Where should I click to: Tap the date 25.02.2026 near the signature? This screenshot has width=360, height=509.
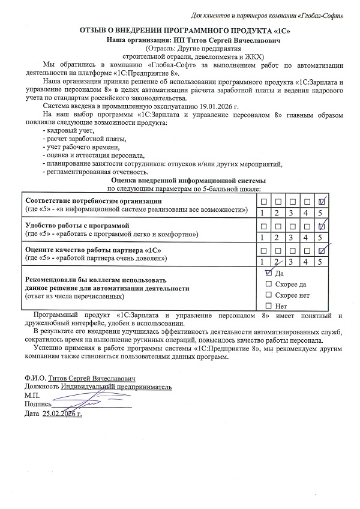[62, 414]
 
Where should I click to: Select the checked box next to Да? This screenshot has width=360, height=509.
[268, 272]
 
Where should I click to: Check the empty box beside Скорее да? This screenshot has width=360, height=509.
[268, 283]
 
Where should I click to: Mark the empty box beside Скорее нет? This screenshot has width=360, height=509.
[268, 295]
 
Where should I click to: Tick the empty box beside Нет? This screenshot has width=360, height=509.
[268, 306]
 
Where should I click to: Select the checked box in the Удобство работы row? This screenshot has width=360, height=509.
[321, 226]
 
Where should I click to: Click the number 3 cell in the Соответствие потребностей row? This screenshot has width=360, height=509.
[290, 212]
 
